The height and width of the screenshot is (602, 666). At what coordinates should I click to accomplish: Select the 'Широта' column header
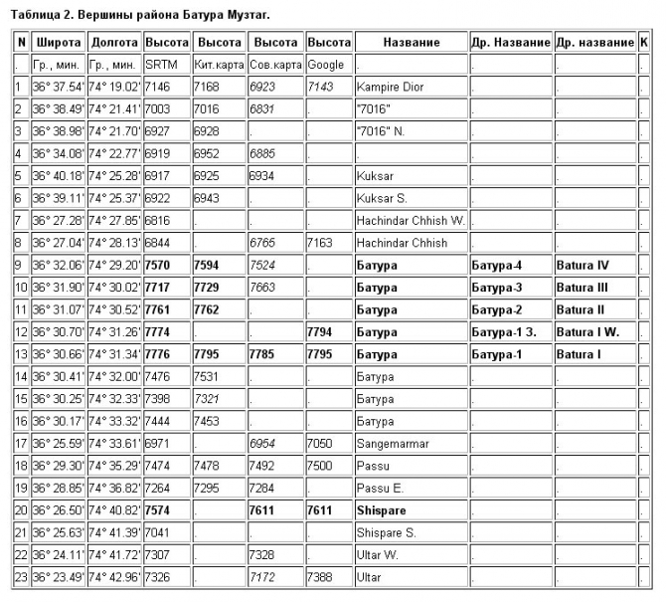(58, 43)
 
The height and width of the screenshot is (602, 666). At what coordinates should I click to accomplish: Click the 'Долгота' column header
(114, 43)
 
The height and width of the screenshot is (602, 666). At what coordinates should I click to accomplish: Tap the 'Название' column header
(411, 43)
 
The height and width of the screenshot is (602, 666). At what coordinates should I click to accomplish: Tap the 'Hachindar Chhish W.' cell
(410, 220)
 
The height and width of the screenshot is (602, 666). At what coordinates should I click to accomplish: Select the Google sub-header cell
(326, 65)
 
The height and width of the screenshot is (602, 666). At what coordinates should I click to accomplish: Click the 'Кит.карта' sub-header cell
(218, 65)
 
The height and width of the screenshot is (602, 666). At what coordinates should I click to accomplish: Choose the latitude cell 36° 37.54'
(58, 87)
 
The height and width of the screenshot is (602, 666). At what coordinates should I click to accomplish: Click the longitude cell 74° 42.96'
(114, 577)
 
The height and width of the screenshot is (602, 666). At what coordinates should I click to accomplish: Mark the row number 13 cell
(19, 354)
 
